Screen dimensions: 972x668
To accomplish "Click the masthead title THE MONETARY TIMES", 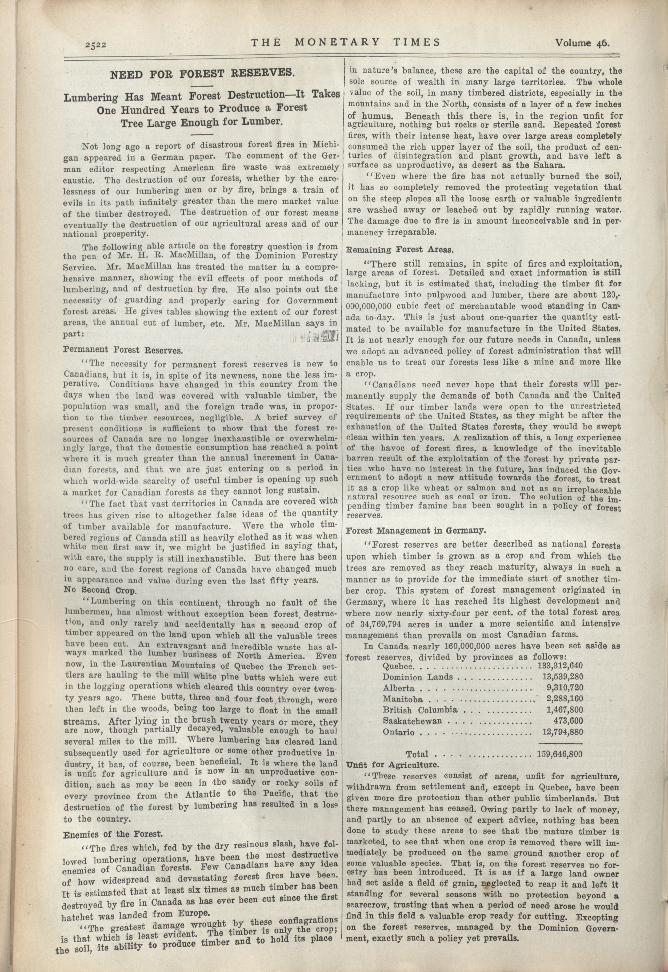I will pos(345,42).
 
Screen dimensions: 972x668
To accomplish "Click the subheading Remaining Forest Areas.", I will pos(400,250).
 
